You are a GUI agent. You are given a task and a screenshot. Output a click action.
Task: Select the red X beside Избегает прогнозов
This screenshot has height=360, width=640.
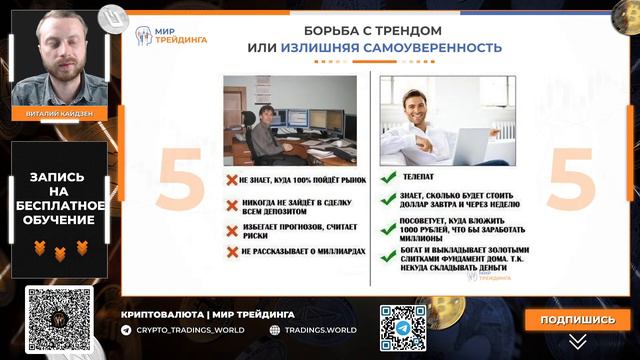point(231,229)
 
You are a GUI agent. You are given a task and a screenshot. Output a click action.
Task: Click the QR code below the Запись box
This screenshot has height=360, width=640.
point(59,320)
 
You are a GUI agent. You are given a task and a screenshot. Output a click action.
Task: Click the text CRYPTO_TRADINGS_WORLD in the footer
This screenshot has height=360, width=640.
point(189,329)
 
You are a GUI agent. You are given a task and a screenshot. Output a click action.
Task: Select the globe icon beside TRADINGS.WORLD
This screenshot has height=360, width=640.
point(275,329)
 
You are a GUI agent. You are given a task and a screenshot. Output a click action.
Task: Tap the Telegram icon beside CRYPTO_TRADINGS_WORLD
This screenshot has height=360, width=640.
point(126,329)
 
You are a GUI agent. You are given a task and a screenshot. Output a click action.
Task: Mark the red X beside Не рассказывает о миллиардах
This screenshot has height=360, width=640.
point(231,252)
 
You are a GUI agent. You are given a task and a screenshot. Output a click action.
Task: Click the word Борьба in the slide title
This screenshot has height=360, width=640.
point(317,29)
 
